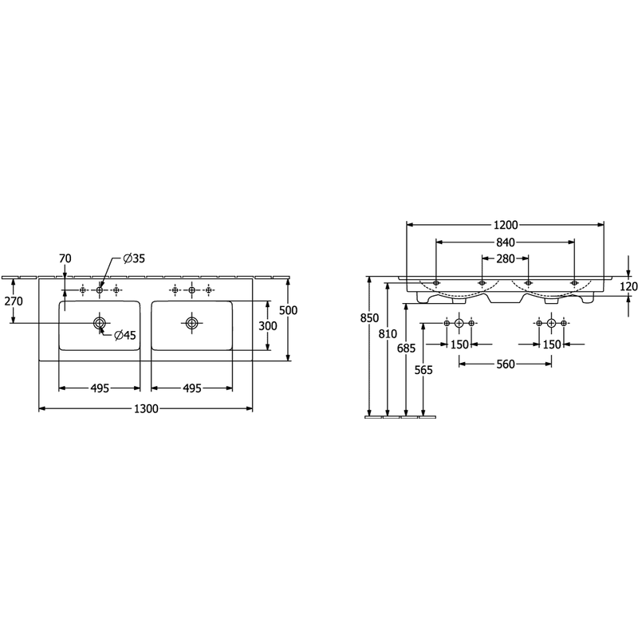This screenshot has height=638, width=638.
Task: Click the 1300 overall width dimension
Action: click(x=146, y=408)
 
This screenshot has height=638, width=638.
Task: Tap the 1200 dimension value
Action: click(x=506, y=225)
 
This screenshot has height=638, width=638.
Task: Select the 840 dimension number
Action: click(x=506, y=242)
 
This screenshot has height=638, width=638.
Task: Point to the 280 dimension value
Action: click(x=506, y=258)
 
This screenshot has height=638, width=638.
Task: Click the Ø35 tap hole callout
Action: click(x=134, y=258)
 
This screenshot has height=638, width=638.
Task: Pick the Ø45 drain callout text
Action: click(x=125, y=335)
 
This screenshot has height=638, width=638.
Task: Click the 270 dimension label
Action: click(x=14, y=301)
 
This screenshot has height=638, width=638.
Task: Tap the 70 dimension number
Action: click(x=65, y=258)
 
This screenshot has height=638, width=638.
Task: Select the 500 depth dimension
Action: click(x=288, y=310)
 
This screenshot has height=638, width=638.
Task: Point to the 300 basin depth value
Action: click(x=268, y=326)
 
